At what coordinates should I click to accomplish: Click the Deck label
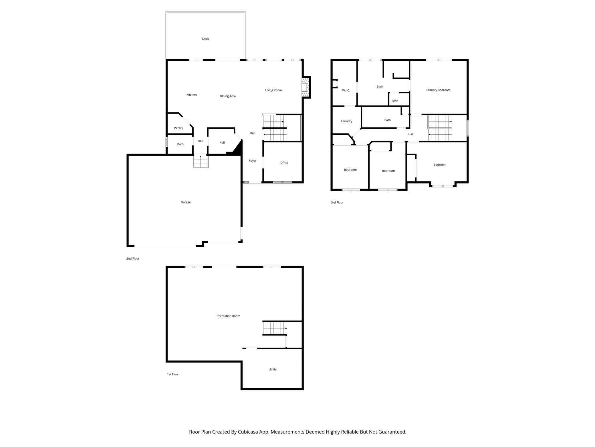point(205,39)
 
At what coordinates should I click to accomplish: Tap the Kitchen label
point(191,95)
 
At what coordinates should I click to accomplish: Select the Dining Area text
point(228,96)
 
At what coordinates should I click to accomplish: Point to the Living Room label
point(273,90)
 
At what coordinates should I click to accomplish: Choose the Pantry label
point(178,128)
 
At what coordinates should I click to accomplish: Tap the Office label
point(284,163)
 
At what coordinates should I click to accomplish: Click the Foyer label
point(253,161)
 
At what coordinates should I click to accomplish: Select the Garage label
point(186,202)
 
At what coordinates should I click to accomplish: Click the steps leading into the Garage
point(201,161)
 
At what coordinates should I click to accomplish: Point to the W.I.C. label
point(346,91)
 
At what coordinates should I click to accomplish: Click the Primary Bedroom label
point(438,90)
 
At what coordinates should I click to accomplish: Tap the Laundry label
point(346,121)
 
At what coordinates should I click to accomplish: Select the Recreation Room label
point(228,316)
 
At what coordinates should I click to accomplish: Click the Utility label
point(272,369)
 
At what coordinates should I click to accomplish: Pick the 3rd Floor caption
point(337,203)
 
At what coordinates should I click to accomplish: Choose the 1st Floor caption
point(173,374)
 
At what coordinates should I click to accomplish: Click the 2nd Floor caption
point(133,258)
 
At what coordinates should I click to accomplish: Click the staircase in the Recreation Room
point(275,328)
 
